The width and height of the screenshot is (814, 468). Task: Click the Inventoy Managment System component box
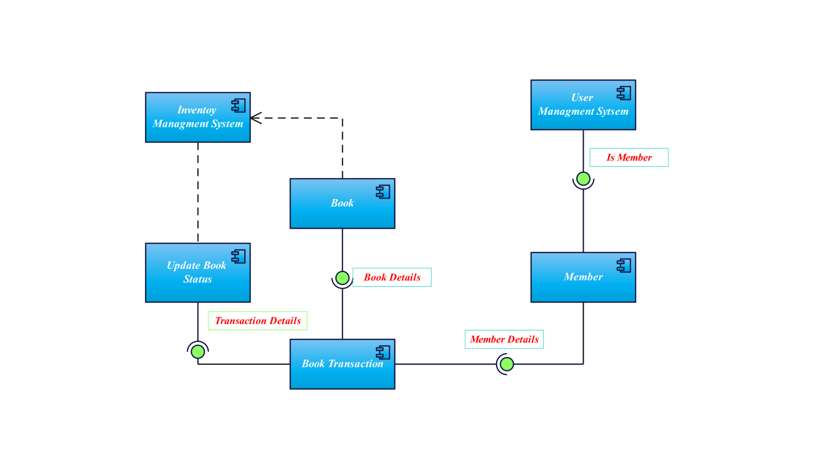click(x=198, y=117)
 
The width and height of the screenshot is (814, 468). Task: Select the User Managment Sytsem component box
click(x=583, y=105)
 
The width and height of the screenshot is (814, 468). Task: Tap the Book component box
click(x=342, y=203)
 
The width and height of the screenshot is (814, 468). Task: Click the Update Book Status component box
click(x=198, y=273)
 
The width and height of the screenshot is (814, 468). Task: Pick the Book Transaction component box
click(x=342, y=364)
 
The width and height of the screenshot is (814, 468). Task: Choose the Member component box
click(x=583, y=277)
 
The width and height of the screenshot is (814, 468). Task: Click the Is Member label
click(x=629, y=157)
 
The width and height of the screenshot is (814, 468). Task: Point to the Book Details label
click(x=392, y=277)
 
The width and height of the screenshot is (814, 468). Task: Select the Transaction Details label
click(x=257, y=320)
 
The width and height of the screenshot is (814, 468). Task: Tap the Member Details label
click(x=504, y=339)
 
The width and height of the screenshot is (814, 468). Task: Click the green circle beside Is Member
click(x=583, y=179)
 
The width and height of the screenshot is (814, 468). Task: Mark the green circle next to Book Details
click(x=342, y=278)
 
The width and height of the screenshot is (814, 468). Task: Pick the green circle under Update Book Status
click(x=198, y=352)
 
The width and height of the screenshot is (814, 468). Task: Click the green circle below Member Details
click(x=506, y=364)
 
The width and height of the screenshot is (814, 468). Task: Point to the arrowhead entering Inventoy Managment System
click(x=255, y=118)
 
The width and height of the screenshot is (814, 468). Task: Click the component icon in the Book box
click(x=383, y=192)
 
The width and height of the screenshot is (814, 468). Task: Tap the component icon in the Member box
click(x=623, y=265)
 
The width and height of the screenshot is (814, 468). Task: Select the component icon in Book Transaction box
click(x=383, y=352)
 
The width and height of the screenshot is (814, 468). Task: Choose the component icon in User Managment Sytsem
click(x=623, y=93)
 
